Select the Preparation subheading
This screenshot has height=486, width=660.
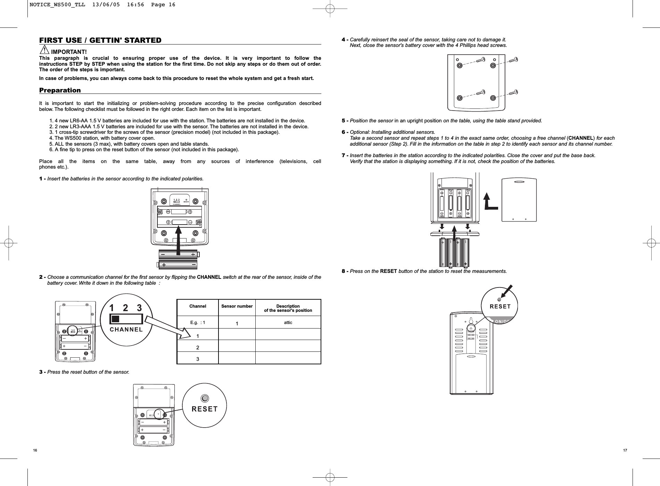(60, 90)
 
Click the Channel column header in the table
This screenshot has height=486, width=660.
(197, 307)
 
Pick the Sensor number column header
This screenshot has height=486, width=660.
(237, 307)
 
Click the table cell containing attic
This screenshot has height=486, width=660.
(288, 323)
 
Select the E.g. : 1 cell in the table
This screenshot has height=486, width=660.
(197, 323)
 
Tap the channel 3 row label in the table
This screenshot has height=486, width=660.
(198, 359)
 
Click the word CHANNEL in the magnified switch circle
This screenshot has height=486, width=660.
(126, 329)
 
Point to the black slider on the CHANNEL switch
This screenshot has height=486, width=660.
(116, 319)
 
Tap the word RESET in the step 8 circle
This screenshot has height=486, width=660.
(500, 307)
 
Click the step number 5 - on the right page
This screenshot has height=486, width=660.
(345, 121)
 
